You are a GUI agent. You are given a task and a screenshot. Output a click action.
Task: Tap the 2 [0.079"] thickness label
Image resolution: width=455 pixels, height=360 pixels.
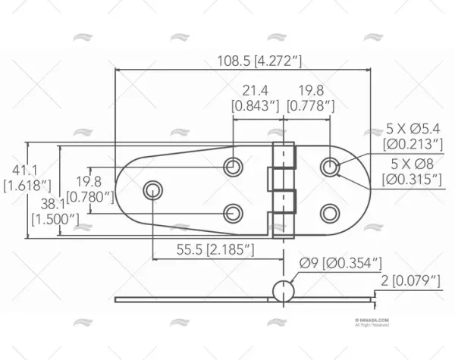pyautogui.click(x=410, y=281)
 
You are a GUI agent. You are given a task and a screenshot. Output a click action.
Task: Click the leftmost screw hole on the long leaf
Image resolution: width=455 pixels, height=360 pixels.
pyautogui.click(x=153, y=188)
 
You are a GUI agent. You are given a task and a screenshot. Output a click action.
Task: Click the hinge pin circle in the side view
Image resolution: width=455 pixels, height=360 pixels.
pyautogui.click(x=281, y=290)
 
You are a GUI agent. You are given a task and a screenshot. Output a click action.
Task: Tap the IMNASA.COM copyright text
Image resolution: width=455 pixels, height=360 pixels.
pyautogui.click(x=372, y=321)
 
